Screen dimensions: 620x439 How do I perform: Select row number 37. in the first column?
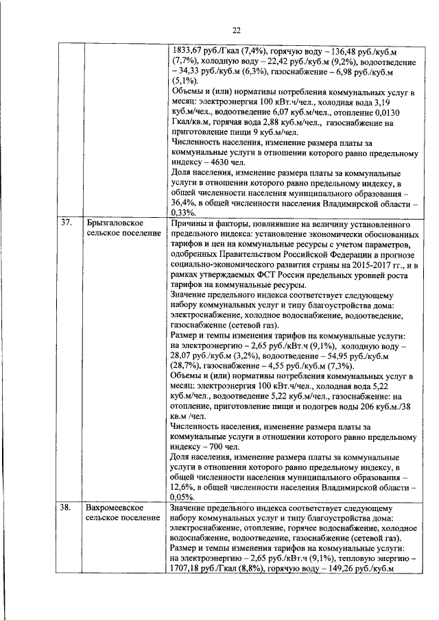pos(67,223)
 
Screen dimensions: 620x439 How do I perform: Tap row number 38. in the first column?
pos(67,508)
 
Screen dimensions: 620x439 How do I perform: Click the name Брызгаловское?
pos(114,223)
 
